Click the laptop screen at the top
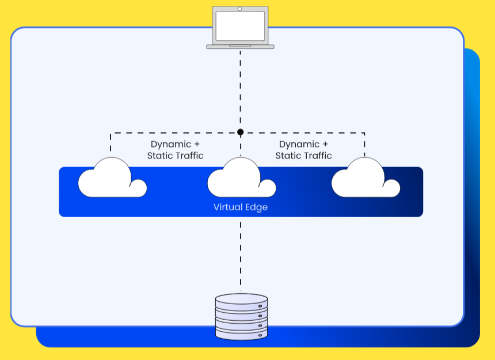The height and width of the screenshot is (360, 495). pyautogui.click(x=240, y=26)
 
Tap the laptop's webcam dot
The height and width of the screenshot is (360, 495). pyautogui.click(x=240, y=9)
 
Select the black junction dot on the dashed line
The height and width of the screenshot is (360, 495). pyautogui.click(x=241, y=132)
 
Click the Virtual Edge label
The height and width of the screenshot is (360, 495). pyautogui.click(x=241, y=207)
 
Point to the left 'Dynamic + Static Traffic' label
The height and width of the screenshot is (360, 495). pyautogui.click(x=176, y=150)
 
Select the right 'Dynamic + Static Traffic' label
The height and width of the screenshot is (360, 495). pyautogui.click(x=304, y=150)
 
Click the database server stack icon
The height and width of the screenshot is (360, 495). pyautogui.click(x=241, y=316)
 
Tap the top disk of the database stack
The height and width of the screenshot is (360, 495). pyautogui.click(x=241, y=301)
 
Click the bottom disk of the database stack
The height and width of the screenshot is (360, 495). pyautogui.click(x=241, y=333)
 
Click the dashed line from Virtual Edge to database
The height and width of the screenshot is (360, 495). pyautogui.click(x=241, y=253)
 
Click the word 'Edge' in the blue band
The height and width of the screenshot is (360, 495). pyautogui.click(x=257, y=207)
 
